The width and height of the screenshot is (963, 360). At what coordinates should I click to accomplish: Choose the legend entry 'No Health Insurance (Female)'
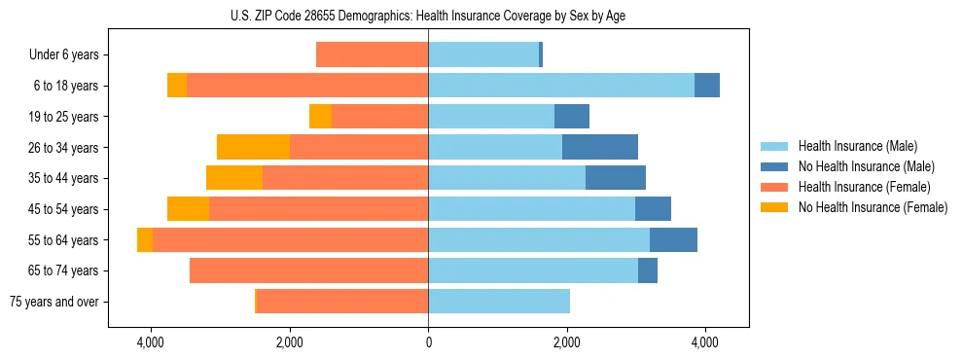(x=873, y=207)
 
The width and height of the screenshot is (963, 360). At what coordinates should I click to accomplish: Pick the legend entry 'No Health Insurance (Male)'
(x=866, y=166)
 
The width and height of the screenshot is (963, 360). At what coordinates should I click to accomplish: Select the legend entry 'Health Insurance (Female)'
(x=865, y=187)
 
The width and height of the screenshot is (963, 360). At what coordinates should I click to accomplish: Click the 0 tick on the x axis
(x=428, y=342)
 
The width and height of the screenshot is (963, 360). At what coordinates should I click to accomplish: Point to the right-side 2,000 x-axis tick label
(x=567, y=342)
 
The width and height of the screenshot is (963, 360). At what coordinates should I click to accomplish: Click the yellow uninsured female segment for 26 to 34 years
(x=253, y=147)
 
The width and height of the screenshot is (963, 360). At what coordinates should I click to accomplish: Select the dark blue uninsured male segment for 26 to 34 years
(x=600, y=147)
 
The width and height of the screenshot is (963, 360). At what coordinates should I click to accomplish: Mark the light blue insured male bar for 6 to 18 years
(x=561, y=86)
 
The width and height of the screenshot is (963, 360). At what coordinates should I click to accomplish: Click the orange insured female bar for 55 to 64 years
(x=290, y=239)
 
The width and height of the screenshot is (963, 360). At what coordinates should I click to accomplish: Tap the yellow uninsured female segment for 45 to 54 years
(x=188, y=209)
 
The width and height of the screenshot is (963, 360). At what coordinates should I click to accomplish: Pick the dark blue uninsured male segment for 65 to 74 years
(x=648, y=270)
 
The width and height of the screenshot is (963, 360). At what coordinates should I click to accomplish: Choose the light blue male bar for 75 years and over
(x=499, y=302)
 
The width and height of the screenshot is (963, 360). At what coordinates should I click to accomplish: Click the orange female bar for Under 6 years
(x=372, y=55)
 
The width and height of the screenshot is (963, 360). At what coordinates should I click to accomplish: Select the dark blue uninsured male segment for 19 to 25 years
(x=572, y=117)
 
